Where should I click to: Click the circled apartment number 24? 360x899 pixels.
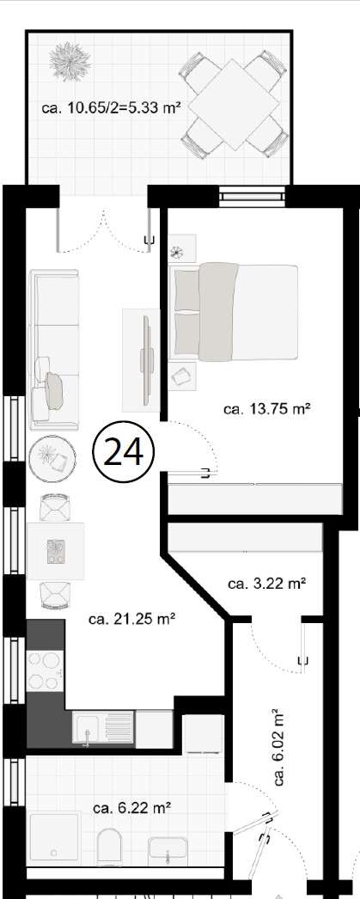point(122,451)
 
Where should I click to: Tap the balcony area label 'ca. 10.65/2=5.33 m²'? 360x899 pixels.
point(111,108)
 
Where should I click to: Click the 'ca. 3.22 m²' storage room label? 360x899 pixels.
point(267,584)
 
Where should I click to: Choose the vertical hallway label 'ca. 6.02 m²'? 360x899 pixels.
point(278,748)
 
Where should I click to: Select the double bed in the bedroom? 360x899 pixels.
point(236,311)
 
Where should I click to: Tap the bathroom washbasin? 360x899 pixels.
point(172,849)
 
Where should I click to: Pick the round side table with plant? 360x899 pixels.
point(52,459)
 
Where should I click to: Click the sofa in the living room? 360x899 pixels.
point(53,348)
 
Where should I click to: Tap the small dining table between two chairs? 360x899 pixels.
point(57,551)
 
